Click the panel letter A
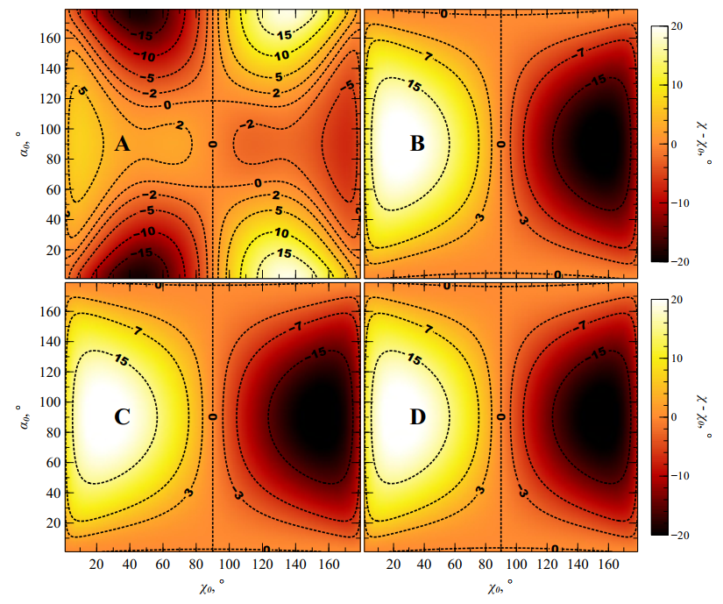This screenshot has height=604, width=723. tap(122, 144)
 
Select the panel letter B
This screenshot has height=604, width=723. tap(418, 144)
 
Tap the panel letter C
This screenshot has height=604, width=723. tap(122, 417)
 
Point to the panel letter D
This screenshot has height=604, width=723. tap(418, 417)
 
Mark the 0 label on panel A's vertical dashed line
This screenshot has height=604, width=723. tap(212, 143)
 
